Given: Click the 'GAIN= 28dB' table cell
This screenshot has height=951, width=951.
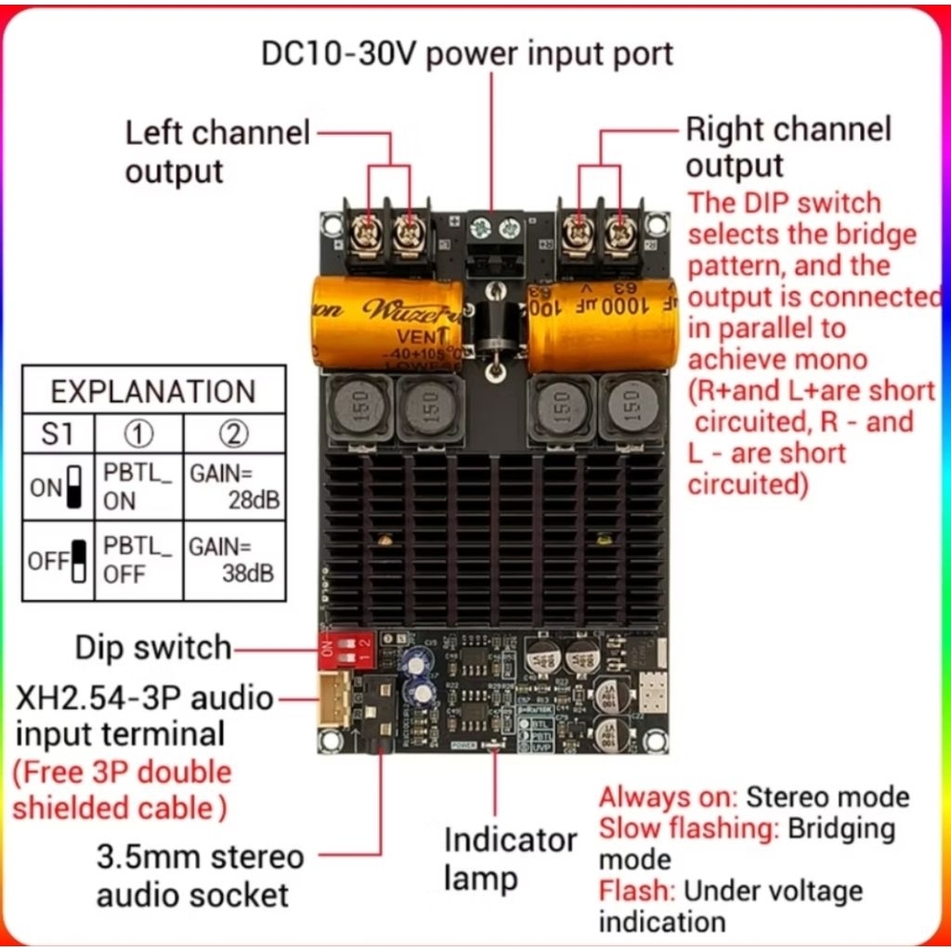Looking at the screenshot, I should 234,487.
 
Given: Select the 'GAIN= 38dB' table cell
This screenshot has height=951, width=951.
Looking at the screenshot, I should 234,560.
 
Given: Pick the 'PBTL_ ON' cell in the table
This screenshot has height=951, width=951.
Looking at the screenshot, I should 137,487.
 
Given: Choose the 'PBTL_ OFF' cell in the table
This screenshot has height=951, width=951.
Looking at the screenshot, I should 137,560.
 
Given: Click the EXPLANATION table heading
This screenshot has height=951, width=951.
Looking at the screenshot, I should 153,392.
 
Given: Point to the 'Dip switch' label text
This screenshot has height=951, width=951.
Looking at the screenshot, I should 153,647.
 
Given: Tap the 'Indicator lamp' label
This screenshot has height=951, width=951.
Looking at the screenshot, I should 510,858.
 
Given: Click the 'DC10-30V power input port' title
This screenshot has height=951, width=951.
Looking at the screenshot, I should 467,53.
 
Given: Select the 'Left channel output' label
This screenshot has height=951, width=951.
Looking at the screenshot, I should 217,151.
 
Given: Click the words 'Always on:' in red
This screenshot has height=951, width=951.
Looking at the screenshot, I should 669,797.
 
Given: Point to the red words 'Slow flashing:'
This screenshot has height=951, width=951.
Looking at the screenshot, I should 688,827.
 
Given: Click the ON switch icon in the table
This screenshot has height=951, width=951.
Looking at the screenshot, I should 75,487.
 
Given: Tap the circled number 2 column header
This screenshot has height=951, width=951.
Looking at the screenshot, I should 234,434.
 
